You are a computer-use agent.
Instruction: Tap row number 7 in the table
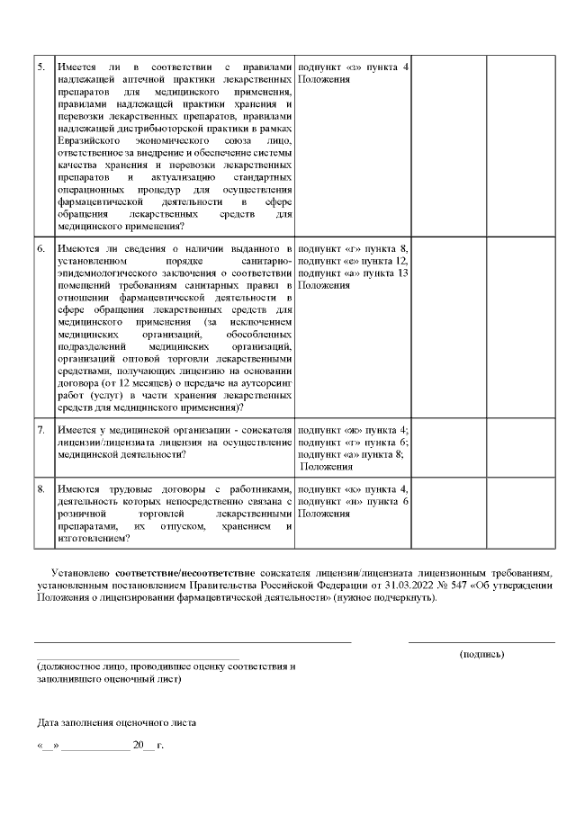(41, 430)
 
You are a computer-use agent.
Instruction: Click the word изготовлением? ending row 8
(90, 539)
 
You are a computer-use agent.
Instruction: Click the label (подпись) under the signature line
(481, 654)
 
